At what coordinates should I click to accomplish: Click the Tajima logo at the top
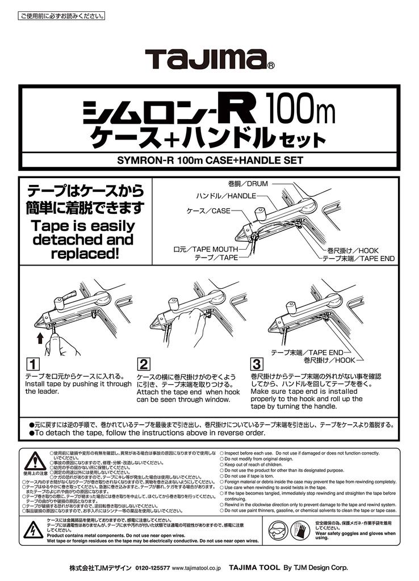point(206,59)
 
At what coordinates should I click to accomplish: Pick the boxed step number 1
point(33,363)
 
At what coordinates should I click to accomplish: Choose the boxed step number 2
point(144,363)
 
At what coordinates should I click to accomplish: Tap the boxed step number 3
point(257,363)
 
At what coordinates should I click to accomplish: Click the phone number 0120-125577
point(152,567)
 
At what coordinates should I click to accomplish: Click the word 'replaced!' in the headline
point(83,254)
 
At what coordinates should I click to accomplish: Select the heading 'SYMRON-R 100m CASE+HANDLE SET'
point(209,161)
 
